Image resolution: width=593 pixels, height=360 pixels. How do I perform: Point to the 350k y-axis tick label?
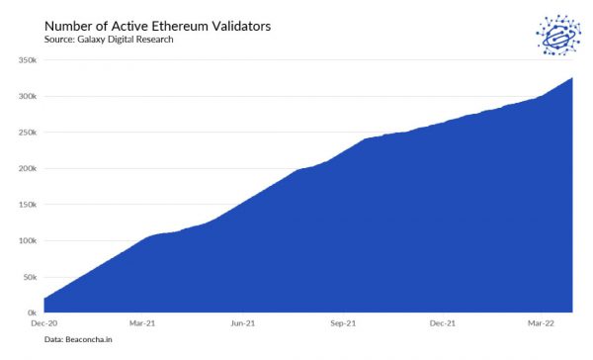tap(27, 60)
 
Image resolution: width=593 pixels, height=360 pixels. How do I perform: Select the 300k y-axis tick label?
tap(27, 97)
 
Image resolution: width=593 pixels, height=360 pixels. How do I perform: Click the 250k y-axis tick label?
tap(27, 133)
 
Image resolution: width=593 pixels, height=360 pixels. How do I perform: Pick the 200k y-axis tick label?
tap(27, 168)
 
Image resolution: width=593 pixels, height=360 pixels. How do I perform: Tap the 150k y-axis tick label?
tap(27, 205)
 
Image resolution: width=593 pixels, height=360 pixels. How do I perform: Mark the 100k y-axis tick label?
tap(27, 240)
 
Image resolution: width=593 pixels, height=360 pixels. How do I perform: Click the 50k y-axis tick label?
tap(29, 277)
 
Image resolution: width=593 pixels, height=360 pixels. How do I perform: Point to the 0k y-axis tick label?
tap(31, 313)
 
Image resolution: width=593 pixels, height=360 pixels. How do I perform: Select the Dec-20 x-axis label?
tap(44, 323)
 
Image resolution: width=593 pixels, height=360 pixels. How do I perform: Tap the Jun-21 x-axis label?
tap(243, 323)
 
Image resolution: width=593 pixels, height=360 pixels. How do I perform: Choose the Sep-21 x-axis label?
tap(343, 323)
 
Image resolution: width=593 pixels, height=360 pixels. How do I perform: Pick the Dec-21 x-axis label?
tap(442, 323)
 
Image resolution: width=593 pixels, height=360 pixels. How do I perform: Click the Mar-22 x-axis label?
tap(539, 323)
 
